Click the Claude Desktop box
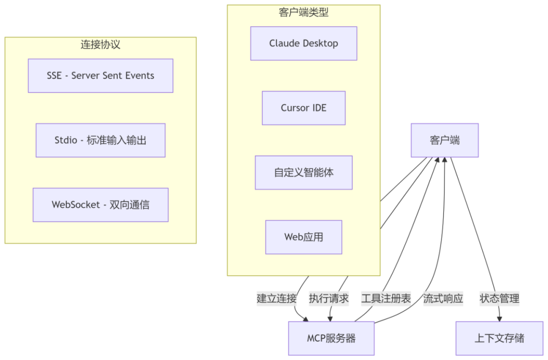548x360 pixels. tap(303, 44)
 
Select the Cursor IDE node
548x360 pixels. tap(303, 108)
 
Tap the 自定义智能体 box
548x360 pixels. tap(303, 172)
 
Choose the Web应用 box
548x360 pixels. tap(303, 237)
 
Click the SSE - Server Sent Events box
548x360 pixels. tap(100, 76)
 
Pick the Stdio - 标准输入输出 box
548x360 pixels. tap(100, 140)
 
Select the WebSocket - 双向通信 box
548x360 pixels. tap(100, 205)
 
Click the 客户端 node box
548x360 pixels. tap(444, 140)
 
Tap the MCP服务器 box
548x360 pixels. tap(331, 338)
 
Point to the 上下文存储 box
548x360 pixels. tap(499, 338)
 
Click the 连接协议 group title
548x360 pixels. tap(100, 44)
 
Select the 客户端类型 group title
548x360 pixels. tap(303, 12)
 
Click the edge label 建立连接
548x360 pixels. tap(277, 298)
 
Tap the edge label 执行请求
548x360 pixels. tap(329, 298)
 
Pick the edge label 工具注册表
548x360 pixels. tap(386, 298)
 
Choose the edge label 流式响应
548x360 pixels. tap(443, 298)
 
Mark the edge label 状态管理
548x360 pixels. tap(499, 298)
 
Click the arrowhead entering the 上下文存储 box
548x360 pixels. tap(499, 318)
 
